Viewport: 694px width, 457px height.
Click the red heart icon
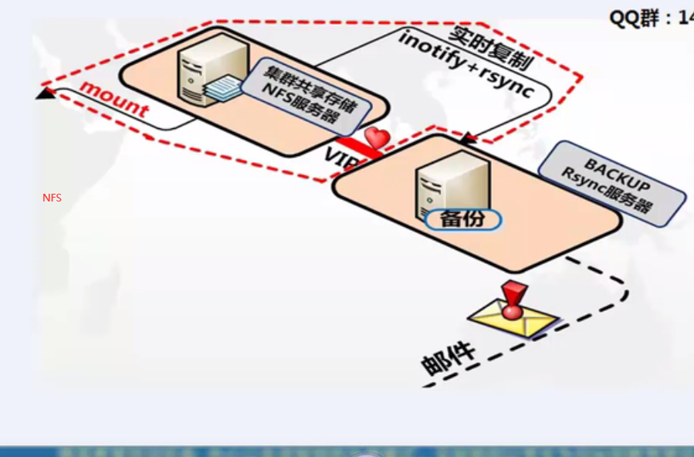pyautogui.click(x=377, y=138)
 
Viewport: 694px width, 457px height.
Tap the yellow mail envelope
pyautogui.click(x=513, y=318)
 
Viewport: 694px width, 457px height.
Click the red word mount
pyautogui.click(x=113, y=98)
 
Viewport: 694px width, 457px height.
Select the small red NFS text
pyautogui.click(x=52, y=198)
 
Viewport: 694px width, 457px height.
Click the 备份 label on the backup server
pyautogui.click(x=462, y=218)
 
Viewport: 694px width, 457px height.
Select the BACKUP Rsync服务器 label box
pyautogui.click(x=611, y=184)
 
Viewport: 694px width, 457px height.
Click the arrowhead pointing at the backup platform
pyautogui.click(x=466, y=139)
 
